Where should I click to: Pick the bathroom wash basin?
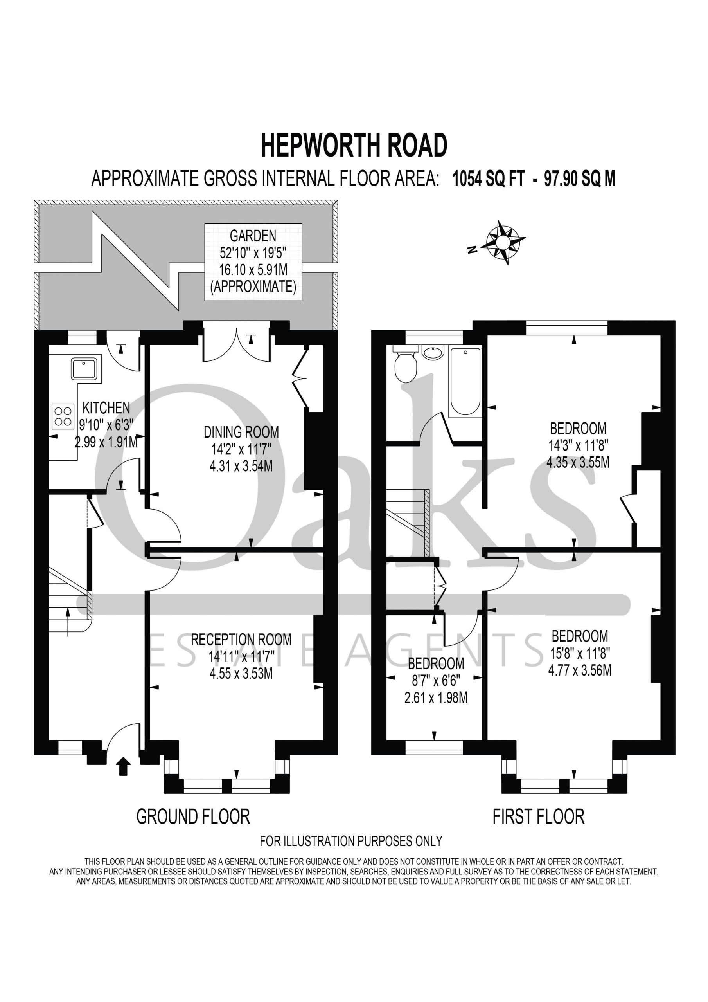[433, 352]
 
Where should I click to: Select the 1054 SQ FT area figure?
[489, 178]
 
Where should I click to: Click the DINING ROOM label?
[241, 432]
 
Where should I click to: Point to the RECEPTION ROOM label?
[241, 640]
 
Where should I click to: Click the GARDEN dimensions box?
[253, 261]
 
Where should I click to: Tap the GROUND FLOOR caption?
[193, 816]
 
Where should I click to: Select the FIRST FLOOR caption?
[538, 816]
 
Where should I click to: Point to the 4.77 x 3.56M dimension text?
[580, 670]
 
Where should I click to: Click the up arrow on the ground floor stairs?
[68, 622]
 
